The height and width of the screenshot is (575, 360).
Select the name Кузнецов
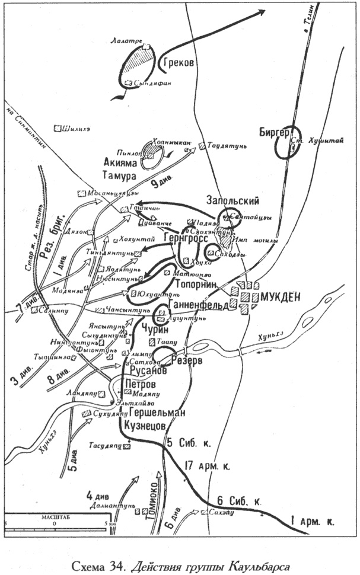(146, 426)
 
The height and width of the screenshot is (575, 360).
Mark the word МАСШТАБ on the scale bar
(53, 517)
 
